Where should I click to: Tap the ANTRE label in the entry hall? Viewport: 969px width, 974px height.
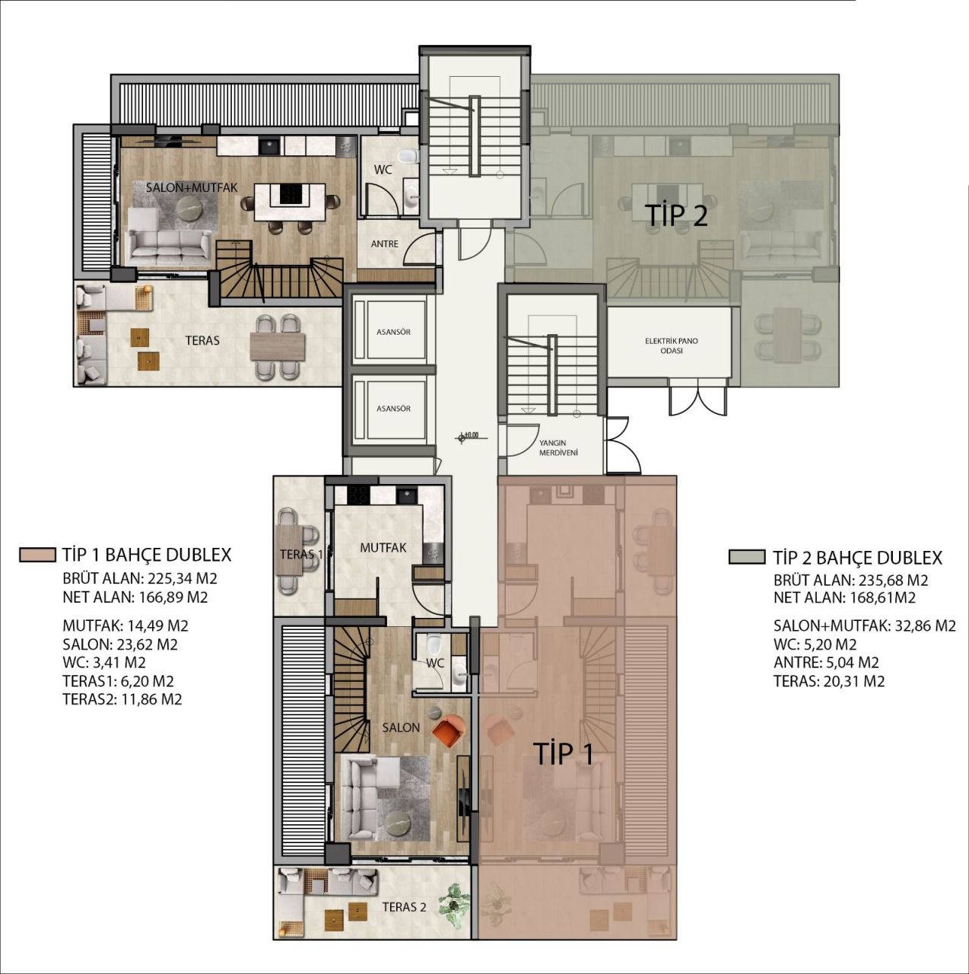pos(384,244)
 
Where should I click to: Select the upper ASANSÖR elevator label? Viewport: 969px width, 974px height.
pos(393,333)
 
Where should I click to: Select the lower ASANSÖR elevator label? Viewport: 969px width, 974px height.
pos(393,409)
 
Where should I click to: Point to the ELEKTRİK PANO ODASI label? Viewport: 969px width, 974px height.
pos(671,346)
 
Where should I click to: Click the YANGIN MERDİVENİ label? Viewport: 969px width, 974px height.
pos(558,447)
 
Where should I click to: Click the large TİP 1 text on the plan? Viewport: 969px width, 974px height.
pos(563,753)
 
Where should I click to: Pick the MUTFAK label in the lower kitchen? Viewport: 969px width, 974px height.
pos(383,547)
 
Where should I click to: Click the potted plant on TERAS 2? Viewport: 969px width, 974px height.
pos(457,903)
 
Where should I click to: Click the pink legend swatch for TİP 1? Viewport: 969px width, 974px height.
pos(38,555)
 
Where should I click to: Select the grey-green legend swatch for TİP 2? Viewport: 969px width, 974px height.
pos(746,557)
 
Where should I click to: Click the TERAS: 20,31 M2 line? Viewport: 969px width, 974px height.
pos(828,681)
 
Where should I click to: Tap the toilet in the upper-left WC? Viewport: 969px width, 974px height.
pos(410,157)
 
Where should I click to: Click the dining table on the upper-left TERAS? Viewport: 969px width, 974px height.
pos(277,345)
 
